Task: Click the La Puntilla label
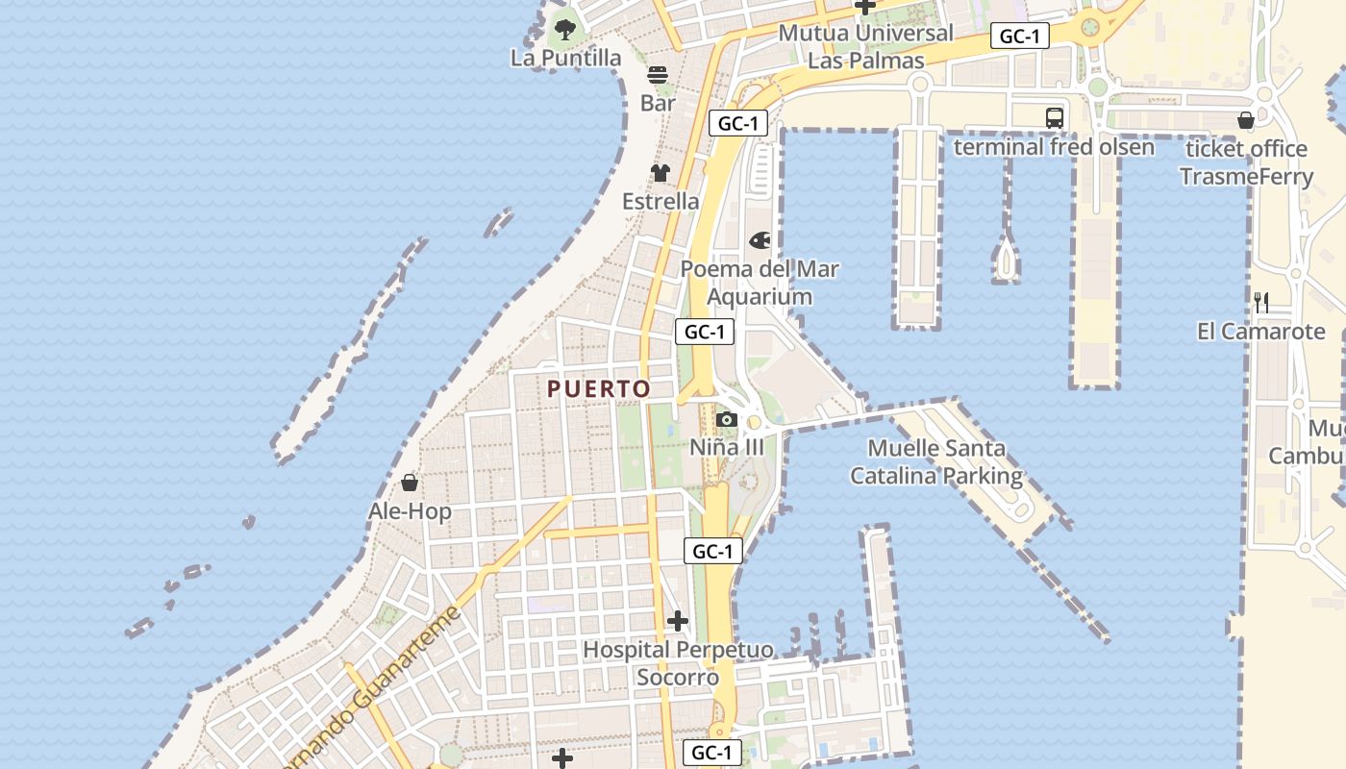pos(566,59)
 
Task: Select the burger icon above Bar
pos(658,75)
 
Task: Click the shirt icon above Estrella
pos(660,173)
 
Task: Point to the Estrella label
pos(661,202)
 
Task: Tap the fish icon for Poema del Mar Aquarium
pos(760,240)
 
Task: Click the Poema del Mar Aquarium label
pos(760,283)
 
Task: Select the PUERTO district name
pos(599,389)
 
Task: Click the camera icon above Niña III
pos(727,420)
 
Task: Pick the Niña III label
pos(727,447)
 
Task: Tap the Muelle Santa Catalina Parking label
pos(936,462)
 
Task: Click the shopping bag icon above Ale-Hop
pos(410,483)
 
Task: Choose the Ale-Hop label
pos(410,511)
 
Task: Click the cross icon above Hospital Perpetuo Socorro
pos(678,621)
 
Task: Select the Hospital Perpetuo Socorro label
pos(678,663)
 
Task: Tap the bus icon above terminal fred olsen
pos(1055,118)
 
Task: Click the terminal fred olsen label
pos(1054,147)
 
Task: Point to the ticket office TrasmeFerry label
pos(1246,162)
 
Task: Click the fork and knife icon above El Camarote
pos(1261,303)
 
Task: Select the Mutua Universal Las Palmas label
pos(865,46)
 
